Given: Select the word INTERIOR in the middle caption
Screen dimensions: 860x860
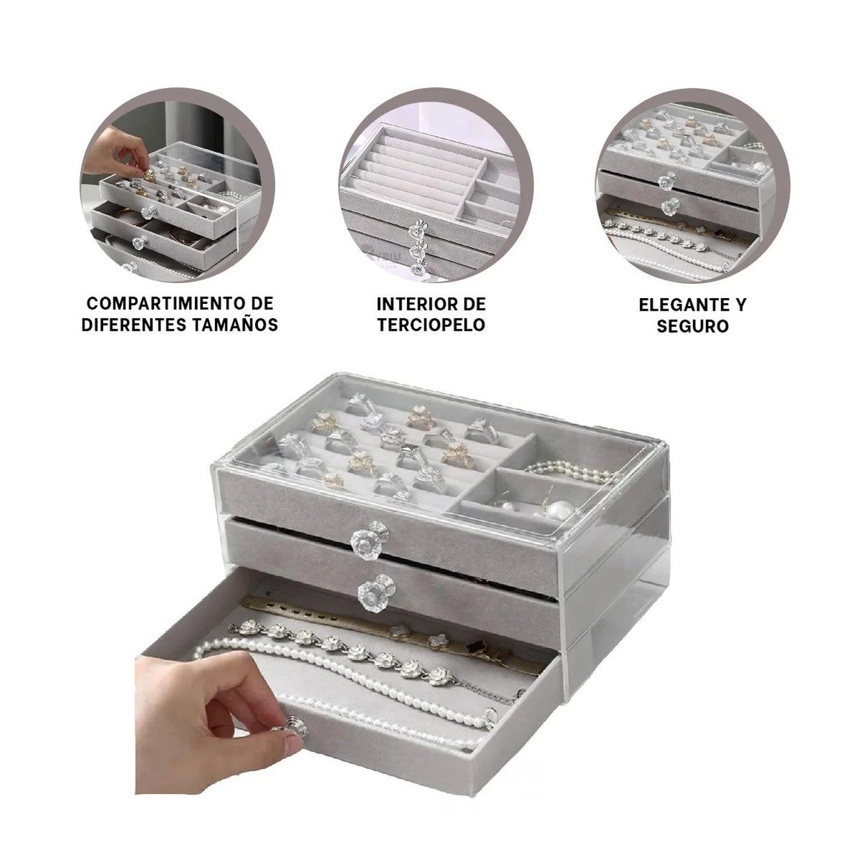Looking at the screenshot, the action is [x=414, y=305].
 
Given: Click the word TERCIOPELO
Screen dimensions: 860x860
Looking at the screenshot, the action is [x=431, y=325].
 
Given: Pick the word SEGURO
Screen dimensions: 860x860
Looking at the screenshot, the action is [x=692, y=326].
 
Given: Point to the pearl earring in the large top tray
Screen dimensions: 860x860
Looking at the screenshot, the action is [x=560, y=510].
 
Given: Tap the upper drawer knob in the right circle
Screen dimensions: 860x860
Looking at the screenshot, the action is [x=667, y=181].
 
